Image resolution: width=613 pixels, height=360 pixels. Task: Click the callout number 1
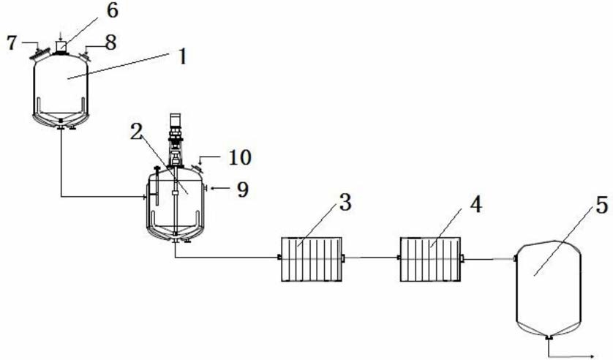[x=183, y=58]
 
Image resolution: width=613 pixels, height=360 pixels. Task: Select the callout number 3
[x=345, y=203]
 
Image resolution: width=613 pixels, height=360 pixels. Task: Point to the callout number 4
[x=475, y=204]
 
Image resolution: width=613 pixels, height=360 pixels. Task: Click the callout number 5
[x=602, y=206]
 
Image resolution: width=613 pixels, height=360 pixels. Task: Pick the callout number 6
[x=112, y=10]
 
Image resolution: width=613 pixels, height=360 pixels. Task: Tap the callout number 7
[x=12, y=42]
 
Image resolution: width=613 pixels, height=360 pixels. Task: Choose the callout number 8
[x=111, y=42]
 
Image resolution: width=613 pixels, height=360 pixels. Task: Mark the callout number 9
[x=243, y=190]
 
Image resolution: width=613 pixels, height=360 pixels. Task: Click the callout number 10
[x=240, y=157]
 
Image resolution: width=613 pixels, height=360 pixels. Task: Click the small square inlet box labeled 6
[x=61, y=47]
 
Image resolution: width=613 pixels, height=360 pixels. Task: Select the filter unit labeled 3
[x=312, y=259]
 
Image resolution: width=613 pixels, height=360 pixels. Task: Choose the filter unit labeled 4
[x=430, y=259]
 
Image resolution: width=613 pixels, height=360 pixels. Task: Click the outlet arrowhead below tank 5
[x=591, y=356]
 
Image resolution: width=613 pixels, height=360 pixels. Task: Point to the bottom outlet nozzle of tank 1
[x=61, y=127]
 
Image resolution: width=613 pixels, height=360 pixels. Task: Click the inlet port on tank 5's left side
[x=515, y=258]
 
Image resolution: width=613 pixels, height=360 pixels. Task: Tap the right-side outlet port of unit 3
[x=343, y=258]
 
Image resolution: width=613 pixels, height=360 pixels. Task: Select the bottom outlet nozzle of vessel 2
[x=176, y=241]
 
